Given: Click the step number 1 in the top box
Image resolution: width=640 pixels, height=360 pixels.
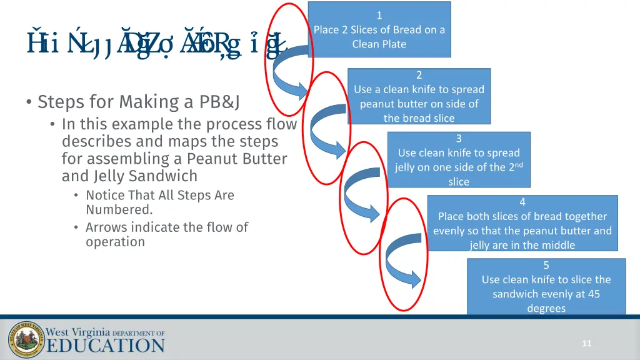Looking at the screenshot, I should point(379,16).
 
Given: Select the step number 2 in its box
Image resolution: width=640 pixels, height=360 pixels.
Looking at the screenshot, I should point(419,75).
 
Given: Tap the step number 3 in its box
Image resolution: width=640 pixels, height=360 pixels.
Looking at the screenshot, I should point(459,139).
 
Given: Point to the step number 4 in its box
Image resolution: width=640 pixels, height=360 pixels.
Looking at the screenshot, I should point(522,202).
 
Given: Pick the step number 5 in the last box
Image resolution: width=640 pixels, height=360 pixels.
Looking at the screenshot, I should point(546,266).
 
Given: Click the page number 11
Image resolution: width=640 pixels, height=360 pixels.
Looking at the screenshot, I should point(586,343).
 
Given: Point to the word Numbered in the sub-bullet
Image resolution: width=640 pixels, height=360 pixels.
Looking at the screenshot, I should point(119,210).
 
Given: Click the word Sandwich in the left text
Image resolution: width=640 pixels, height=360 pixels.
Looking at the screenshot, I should point(165,176).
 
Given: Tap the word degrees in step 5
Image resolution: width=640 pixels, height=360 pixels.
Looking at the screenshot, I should point(546,308).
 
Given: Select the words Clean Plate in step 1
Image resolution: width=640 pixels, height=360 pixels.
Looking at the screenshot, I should point(379,44).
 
